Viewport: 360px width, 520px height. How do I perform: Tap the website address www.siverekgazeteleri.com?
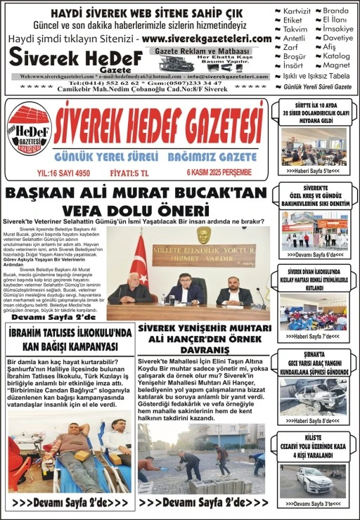[206, 39]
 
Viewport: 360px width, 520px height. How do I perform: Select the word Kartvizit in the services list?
[296, 11]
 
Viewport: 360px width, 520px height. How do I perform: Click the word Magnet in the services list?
[336, 65]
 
